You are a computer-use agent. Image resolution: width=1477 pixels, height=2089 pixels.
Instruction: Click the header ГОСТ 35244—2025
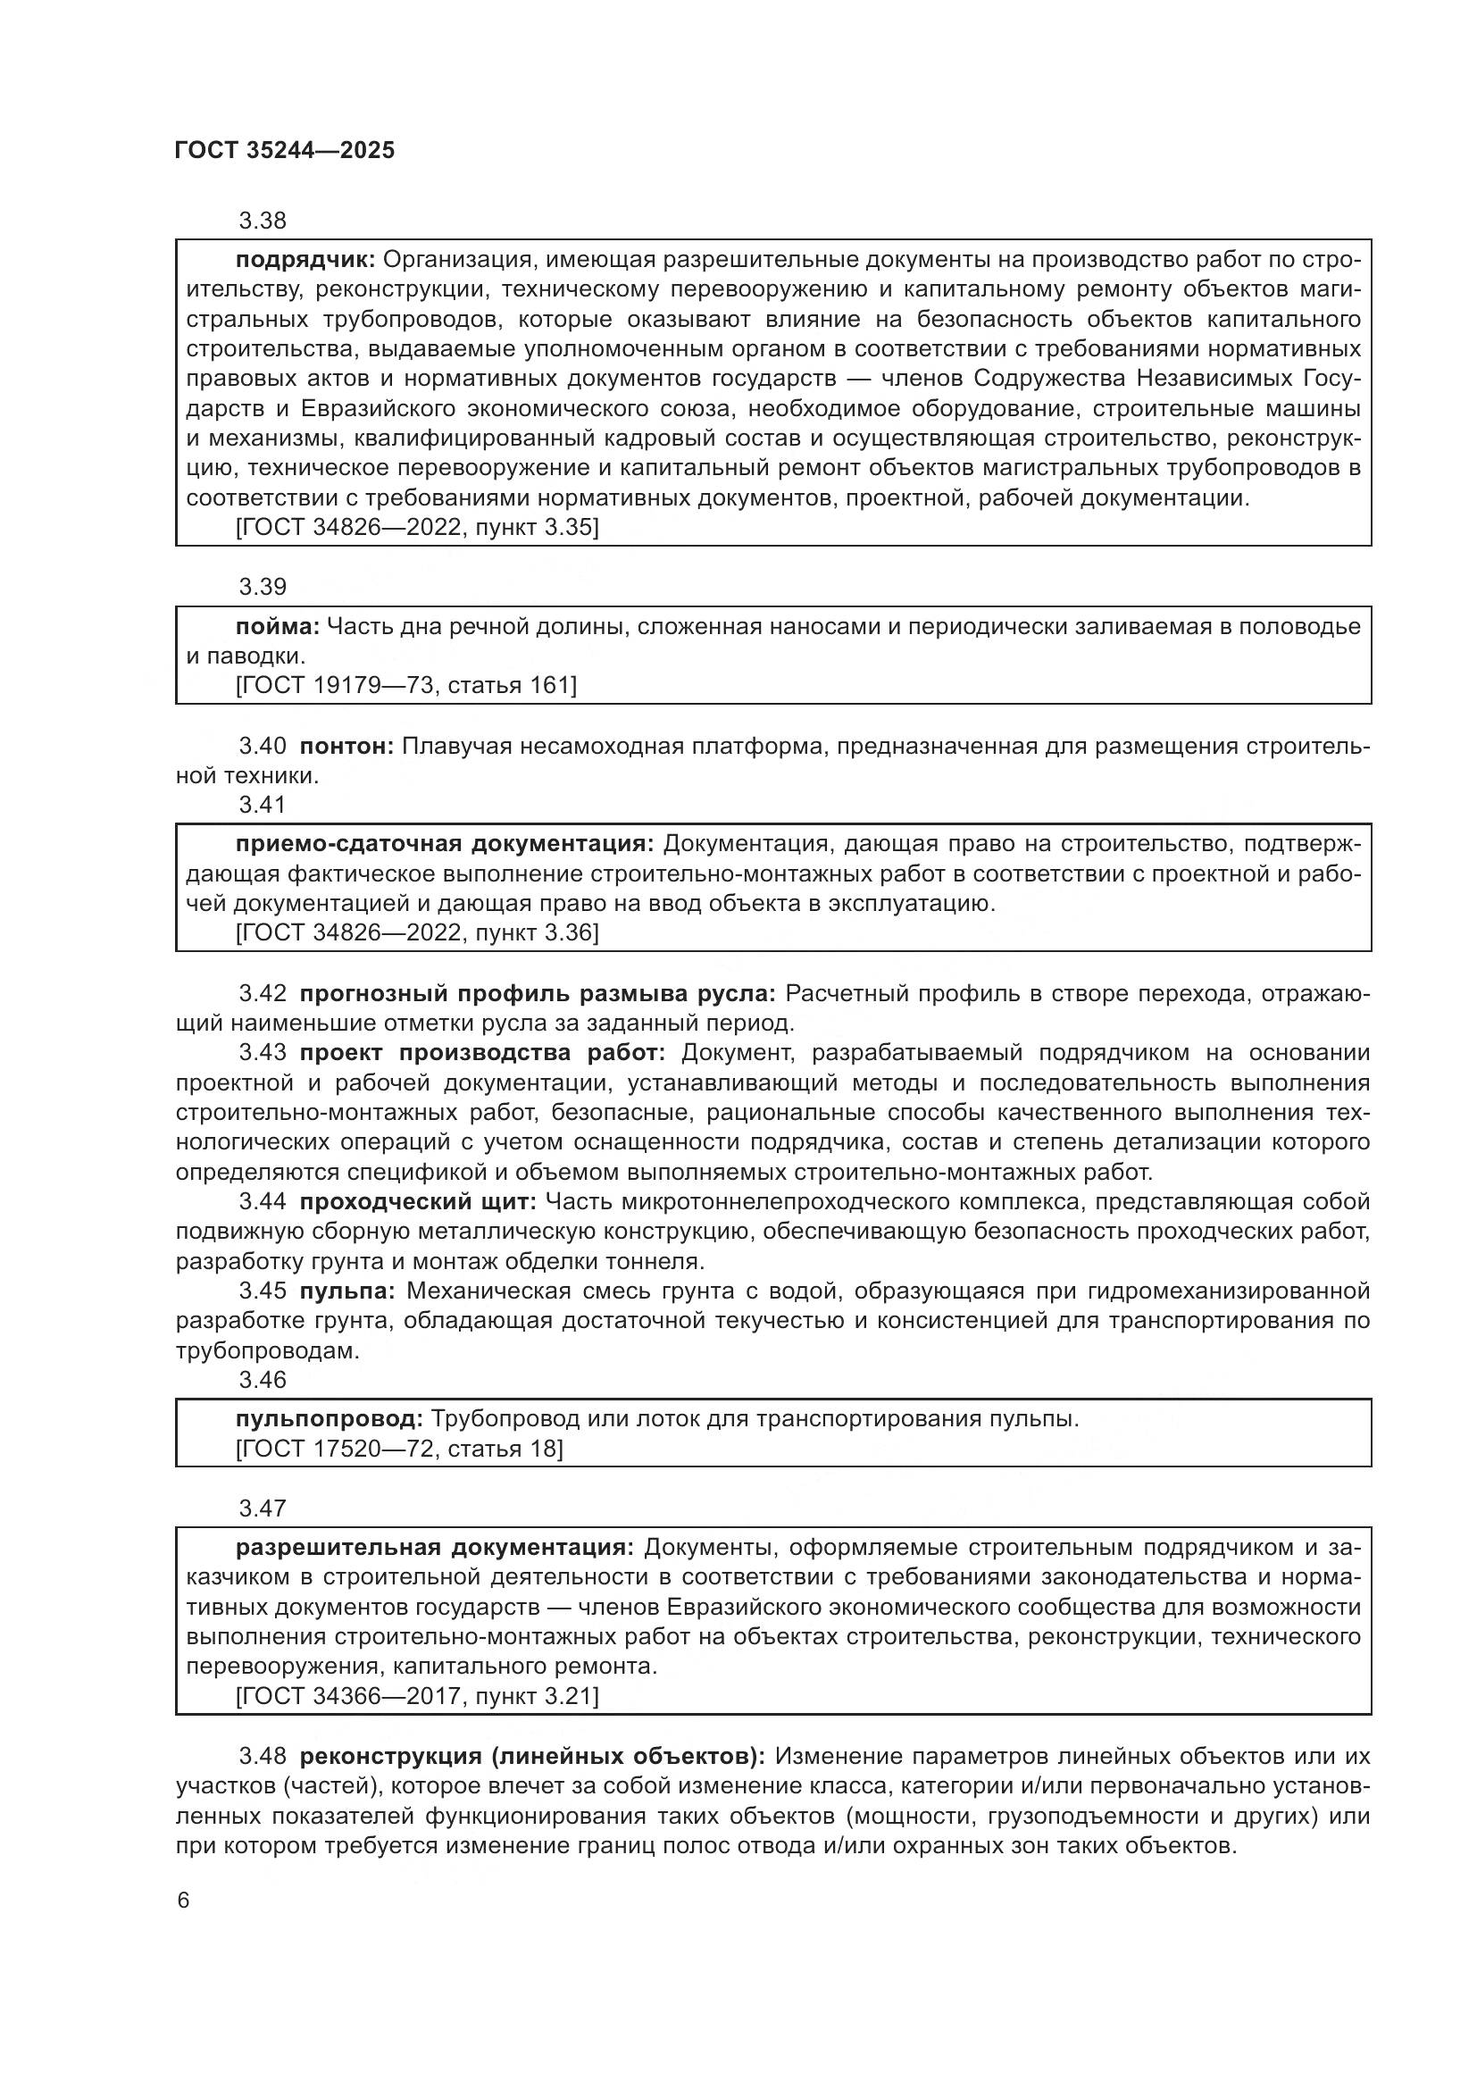tap(284, 151)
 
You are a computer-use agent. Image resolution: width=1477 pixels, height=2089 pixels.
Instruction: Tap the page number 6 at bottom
tap(184, 1901)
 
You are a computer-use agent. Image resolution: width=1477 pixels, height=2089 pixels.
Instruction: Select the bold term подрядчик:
tap(305, 260)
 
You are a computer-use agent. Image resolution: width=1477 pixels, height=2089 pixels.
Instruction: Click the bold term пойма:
tap(278, 626)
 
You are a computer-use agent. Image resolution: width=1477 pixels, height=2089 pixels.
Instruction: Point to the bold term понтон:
tap(346, 747)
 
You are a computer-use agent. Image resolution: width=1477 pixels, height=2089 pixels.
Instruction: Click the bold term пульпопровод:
tap(330, 1418)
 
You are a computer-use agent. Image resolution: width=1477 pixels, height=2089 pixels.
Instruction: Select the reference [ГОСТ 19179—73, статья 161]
tap(405, 685)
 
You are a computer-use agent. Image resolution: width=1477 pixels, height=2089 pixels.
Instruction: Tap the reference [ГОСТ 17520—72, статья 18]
tap(398, 1449)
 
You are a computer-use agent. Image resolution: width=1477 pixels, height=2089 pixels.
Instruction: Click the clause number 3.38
tap(262, 221)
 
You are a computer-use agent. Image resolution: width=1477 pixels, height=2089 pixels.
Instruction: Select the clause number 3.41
tap(262, 805)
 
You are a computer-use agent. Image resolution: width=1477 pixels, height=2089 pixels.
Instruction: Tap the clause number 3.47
tap(262, 1508)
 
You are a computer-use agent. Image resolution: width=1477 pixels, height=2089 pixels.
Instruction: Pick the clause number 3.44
tap(262, 1202)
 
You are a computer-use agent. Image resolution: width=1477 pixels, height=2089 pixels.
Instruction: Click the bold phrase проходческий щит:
tap(418, 1202)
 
